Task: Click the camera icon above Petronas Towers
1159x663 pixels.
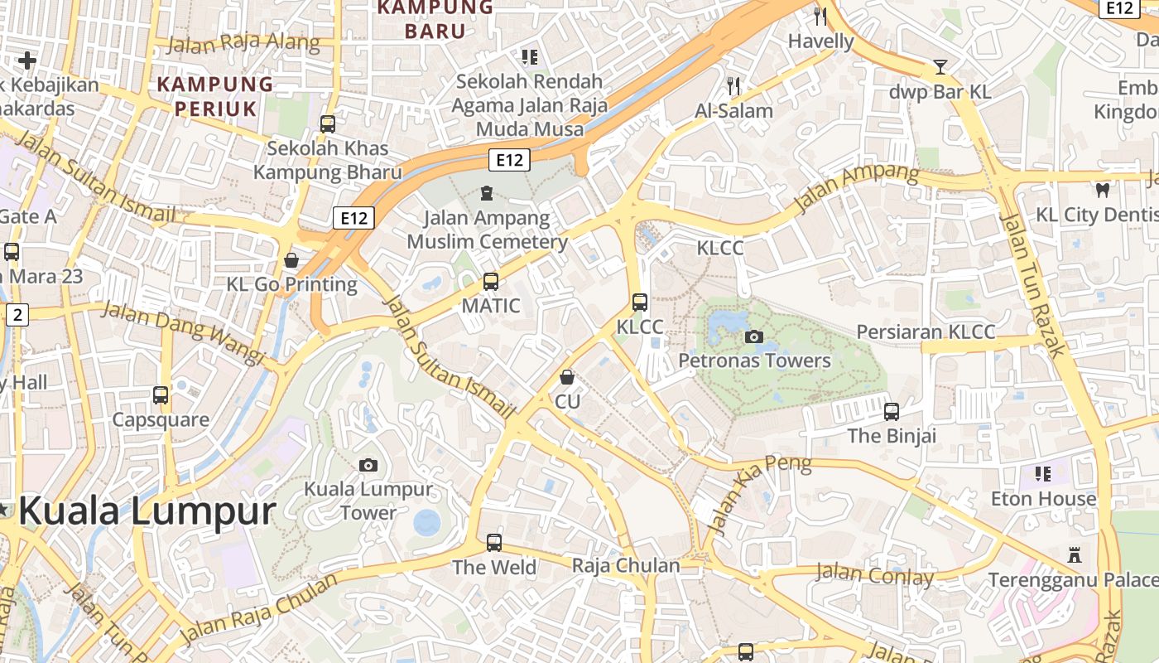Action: pos(753,336)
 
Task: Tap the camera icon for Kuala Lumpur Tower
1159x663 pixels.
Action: pos(368,465)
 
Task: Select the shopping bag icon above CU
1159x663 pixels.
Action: pos(567,378)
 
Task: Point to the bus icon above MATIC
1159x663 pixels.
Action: pos(491,282)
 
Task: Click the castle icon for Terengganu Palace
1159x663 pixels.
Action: pos(1075,554)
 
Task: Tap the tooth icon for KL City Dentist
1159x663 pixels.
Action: pos(1101,190)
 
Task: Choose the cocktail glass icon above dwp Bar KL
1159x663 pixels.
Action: pos(940,67)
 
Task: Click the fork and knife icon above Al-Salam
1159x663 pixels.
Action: pos(733,85)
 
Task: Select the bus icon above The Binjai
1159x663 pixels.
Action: pos(892,411)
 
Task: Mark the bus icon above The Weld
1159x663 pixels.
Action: pos(494,543)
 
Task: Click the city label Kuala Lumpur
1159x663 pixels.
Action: pos(147,511)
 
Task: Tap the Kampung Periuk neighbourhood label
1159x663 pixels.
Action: pos(215,95)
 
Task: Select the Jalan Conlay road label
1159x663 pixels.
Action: pos(874,574)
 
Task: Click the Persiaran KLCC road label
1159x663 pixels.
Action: pos(926,332)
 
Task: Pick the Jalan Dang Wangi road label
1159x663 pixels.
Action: pos(183,332)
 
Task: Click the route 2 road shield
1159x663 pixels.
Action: pos(17,314)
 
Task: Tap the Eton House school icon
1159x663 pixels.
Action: pos(1043,474)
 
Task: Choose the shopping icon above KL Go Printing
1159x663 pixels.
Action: pos(291,260)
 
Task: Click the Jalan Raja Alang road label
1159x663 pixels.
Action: pos(243,42)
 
